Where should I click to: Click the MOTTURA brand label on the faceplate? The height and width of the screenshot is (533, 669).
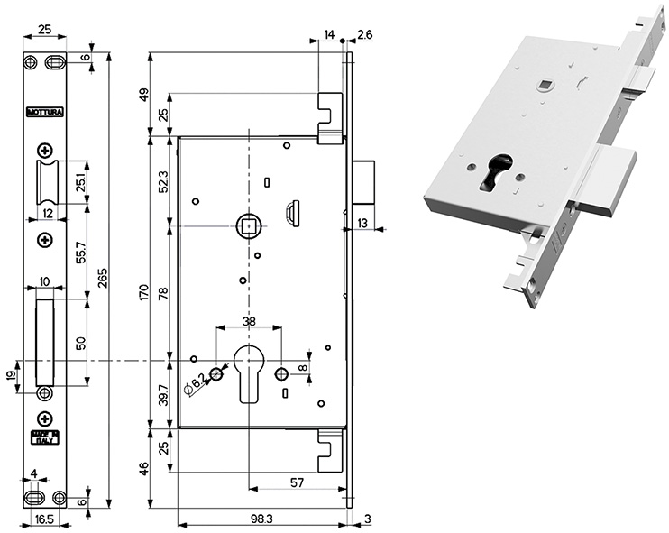pyautogui.click(x=44, y=113)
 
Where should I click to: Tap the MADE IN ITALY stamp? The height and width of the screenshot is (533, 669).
pyautogui.click(x=44, y=439)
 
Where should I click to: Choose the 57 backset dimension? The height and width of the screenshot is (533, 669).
pyautogui.click(x=297, y=484)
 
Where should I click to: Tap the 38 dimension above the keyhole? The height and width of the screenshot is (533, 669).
pyautogui.click(x=248, y=320)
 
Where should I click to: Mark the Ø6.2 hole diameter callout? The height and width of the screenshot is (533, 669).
pyautogui.click(x=195, y=385)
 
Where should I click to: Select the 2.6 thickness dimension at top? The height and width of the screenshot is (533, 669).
pyautogui.click(x=364, y=34)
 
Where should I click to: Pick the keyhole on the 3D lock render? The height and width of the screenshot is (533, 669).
pyautogui.click(x=492, y=172)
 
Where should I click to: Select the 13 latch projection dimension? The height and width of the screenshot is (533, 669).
pyautogui.click(x=362, y=223)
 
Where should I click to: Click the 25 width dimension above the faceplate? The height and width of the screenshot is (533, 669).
pyautogui.click(x=44, y=30)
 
